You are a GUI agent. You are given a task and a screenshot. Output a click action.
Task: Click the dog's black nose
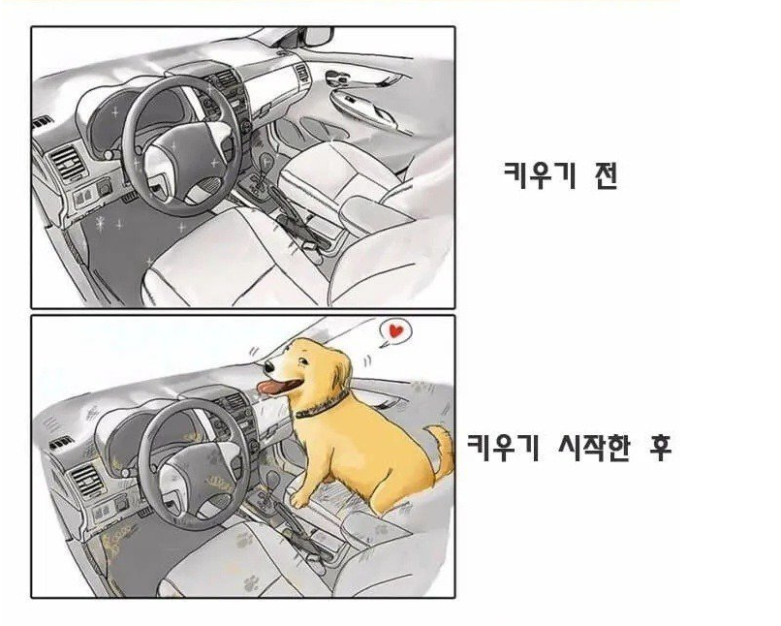point(269,367)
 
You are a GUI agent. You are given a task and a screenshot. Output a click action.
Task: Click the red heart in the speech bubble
point(395,330)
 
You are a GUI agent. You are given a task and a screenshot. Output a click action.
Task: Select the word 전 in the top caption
point(606,175)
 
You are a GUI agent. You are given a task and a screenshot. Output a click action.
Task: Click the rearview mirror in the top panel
point(318,37)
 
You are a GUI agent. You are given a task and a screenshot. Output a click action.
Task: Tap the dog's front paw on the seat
point(298,499)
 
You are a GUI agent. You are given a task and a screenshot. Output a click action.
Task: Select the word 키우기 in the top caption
point(540,175)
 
